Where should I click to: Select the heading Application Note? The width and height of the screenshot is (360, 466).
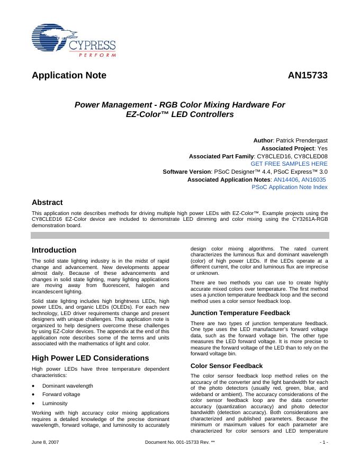69,75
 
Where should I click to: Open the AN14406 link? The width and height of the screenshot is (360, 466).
286,180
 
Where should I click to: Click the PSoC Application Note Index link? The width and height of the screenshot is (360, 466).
289,187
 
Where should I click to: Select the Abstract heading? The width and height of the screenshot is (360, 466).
47,202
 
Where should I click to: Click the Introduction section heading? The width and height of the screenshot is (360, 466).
54,250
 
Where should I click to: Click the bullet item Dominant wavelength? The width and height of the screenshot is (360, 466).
67,386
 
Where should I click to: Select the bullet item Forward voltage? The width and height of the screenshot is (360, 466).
61,395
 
